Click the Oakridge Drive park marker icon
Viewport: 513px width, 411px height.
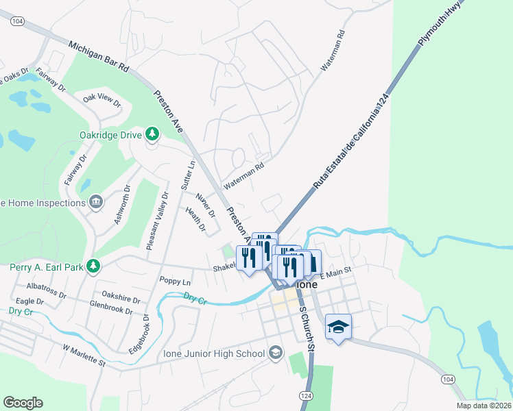[x=152, y=134]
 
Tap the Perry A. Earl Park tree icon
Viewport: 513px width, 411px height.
[x=96, y=266]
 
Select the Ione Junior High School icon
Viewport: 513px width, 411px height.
[x=276, y=353]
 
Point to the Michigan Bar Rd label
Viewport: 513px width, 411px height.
[x=99, y=57]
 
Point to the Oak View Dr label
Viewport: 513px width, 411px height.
[x=102, y=101]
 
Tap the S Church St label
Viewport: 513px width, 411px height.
[x=307, y=329]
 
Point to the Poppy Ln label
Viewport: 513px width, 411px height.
[x=175, y=282]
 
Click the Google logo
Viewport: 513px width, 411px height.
[x=23, y=403]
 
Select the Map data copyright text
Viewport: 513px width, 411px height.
[x=484, y=406]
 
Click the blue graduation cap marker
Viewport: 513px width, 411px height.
[x=338, y=327]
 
